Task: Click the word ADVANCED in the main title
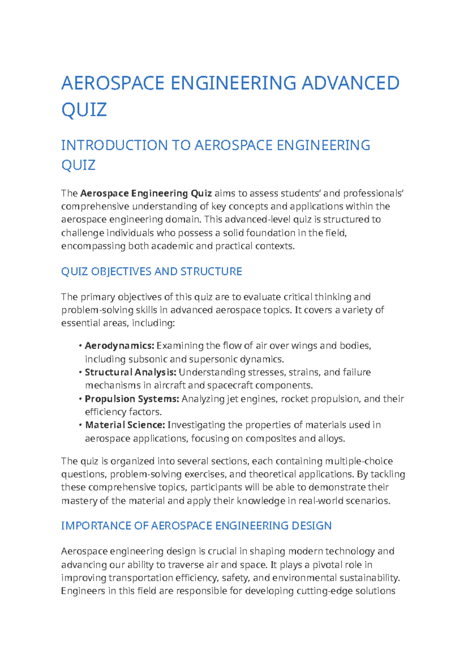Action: tap(351, 83)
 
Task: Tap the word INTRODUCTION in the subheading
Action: tap(115, 145)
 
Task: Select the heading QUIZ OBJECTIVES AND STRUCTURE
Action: tap(151, 272)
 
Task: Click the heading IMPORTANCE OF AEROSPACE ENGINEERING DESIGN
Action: tap(196, 526)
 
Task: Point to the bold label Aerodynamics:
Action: tap(120, 346)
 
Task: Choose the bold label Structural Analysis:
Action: tap(131, 372)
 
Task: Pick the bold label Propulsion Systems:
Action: tap(132, 399)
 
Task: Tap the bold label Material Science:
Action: tap(125, 425)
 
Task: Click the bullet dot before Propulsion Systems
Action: tap(80, 399)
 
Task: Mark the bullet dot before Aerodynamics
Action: tap(80, 346)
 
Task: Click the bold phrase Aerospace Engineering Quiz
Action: tap(146, 194)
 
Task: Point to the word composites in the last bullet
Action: tap(271, 439)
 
